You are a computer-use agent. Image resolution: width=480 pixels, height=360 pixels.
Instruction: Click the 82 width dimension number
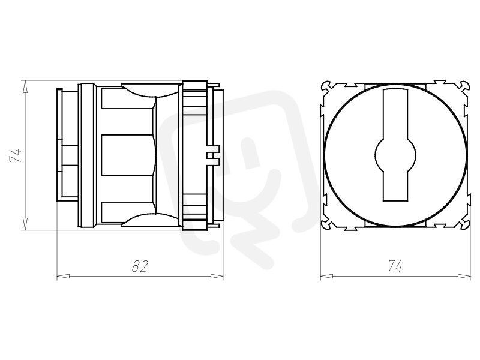140,266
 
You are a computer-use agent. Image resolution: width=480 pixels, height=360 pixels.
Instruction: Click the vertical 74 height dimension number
16,155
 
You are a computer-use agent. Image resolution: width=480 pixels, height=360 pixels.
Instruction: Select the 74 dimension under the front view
395,266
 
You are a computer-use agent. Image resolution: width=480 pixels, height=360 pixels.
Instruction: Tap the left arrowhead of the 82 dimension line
63,277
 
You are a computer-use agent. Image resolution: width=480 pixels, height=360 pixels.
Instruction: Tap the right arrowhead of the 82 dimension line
217,277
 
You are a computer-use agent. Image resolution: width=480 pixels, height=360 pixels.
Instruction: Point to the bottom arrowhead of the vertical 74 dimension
25,224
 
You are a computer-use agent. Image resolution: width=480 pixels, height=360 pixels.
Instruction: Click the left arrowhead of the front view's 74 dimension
326,277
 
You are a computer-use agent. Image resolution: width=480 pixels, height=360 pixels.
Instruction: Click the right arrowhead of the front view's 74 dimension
464,277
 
